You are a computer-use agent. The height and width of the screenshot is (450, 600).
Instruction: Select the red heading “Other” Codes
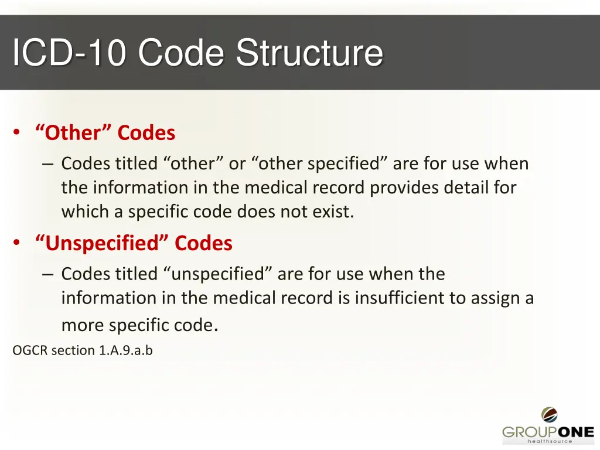tap(105, 133)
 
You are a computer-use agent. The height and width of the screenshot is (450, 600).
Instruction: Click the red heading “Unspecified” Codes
tap(134, 243)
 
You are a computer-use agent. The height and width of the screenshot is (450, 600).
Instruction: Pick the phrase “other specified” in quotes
tap(321, 163)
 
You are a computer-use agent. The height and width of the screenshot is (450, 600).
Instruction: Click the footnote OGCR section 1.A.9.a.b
tap(83, 350)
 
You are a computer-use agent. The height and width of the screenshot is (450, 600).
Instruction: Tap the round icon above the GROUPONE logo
tap(549, 415)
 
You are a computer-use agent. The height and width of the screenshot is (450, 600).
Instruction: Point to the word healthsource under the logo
tap(550, 442)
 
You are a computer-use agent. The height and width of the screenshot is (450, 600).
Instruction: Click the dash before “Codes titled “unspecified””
tap(48, 274)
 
